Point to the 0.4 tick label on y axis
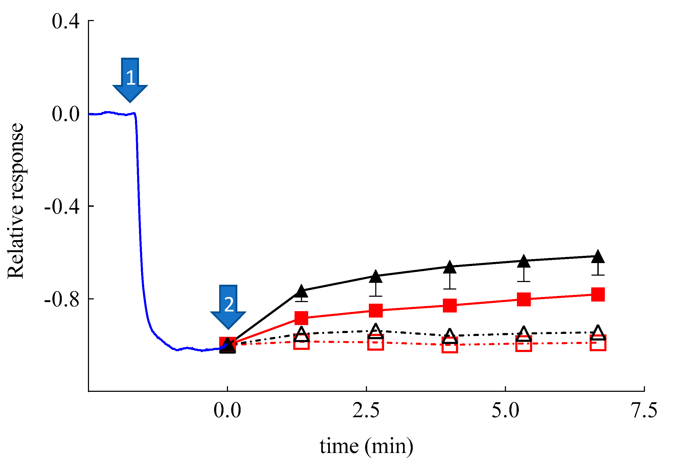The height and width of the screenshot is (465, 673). [65, 22]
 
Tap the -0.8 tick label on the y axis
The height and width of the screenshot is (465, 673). [62, 299]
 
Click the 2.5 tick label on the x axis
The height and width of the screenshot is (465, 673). [366, 410]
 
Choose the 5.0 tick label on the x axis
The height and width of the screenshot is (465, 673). [505, 410]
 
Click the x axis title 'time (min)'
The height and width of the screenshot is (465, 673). [366, 446]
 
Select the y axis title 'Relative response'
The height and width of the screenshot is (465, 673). [15, 201]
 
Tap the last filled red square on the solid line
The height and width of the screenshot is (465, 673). [598, 294]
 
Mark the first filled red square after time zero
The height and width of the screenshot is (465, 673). [301, 318]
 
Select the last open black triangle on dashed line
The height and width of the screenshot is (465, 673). [598, 333]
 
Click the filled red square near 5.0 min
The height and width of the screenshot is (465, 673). [524, 299]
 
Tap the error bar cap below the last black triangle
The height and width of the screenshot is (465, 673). [598, 275]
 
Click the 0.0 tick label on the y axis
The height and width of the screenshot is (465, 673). [65, 114]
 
